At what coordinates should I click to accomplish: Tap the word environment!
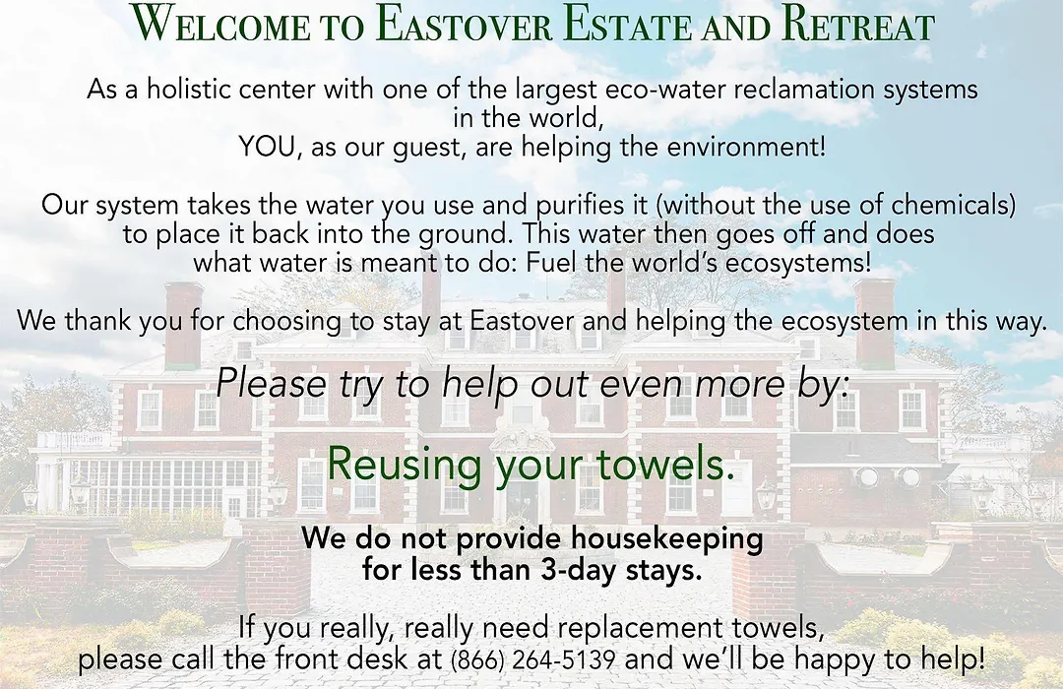[x=746, y=147]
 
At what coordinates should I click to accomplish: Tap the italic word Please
[x=272, y=383]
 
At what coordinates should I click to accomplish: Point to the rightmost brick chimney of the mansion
[x=875, y=322]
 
